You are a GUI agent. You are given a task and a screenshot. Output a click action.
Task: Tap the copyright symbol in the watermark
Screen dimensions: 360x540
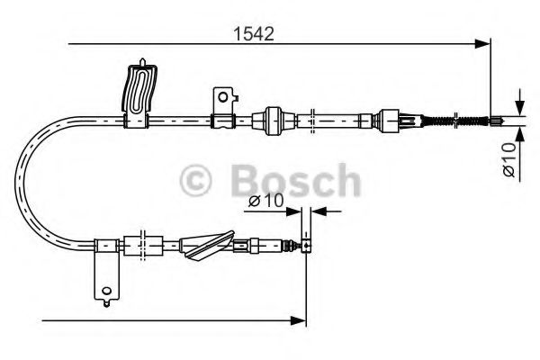point(197,181)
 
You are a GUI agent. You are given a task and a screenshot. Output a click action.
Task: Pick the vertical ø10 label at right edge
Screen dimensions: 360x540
point(508,157)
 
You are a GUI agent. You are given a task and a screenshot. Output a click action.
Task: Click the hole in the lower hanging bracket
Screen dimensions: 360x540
point(107,290)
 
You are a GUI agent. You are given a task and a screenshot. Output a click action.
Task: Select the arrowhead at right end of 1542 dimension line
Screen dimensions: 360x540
point(485,41)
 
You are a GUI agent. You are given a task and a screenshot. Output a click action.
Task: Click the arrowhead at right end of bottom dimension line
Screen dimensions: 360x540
point(301,319)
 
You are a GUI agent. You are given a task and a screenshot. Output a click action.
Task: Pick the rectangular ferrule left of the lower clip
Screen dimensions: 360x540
point(139,243)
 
